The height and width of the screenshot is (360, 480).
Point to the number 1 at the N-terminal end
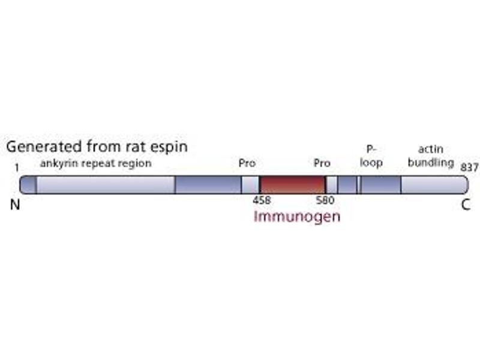[17, 169]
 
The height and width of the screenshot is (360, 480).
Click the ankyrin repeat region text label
[95, 163]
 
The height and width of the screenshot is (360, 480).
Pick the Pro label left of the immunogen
[247, 163]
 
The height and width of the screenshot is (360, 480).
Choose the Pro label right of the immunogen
[322, 163]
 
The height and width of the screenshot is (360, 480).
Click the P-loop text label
[371, 156]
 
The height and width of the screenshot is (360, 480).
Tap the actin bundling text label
[430, 156]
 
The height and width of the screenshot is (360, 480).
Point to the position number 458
[262, 200]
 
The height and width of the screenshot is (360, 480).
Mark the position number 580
[325, 200]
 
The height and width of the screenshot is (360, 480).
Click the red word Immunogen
[296, 216]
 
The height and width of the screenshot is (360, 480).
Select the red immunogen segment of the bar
[292, 185]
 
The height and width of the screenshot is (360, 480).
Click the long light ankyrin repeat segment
[106, 185]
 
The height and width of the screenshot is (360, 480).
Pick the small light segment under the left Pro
[250, 185]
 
